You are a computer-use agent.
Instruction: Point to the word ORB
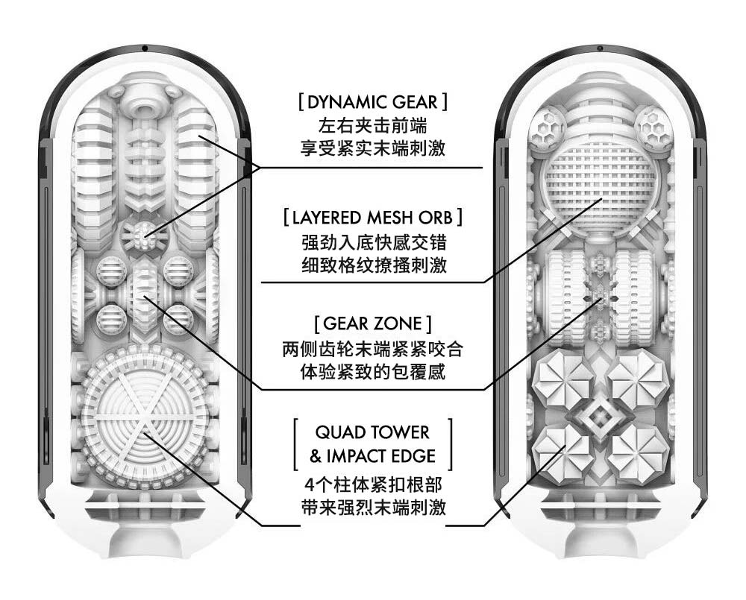[439, 218]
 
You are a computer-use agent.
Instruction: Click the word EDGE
[416, 455]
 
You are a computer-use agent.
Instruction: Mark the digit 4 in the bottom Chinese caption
[310, 484]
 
